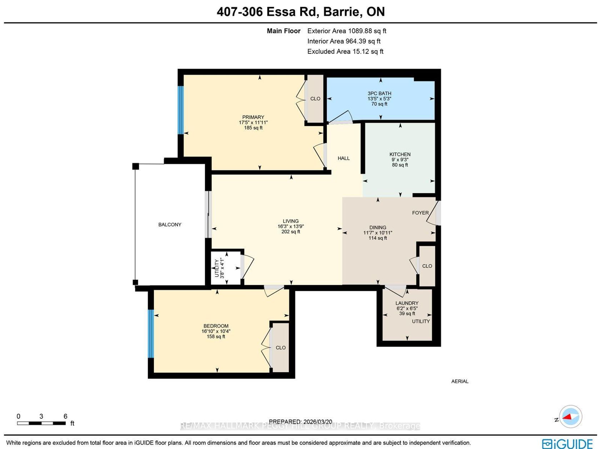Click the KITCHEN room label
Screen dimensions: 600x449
400,154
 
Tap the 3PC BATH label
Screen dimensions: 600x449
379,94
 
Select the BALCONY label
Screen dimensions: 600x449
170,224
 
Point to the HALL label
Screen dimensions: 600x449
344,158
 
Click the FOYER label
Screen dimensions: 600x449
420,213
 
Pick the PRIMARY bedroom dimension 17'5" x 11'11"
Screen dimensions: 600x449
253,122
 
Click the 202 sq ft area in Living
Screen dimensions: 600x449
291,232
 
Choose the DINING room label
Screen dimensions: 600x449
378,227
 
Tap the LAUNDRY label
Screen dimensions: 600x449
407,303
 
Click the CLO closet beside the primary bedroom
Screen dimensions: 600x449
315,99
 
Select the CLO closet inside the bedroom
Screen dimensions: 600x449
280,348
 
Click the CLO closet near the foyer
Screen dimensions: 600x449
427,266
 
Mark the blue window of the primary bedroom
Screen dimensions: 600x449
180,110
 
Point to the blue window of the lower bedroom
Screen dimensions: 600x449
151,333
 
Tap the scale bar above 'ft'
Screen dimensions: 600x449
41,423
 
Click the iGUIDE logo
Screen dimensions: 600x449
567,444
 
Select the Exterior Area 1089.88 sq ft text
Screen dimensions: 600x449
346,31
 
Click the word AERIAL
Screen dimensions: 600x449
460,381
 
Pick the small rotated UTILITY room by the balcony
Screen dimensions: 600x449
226,268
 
